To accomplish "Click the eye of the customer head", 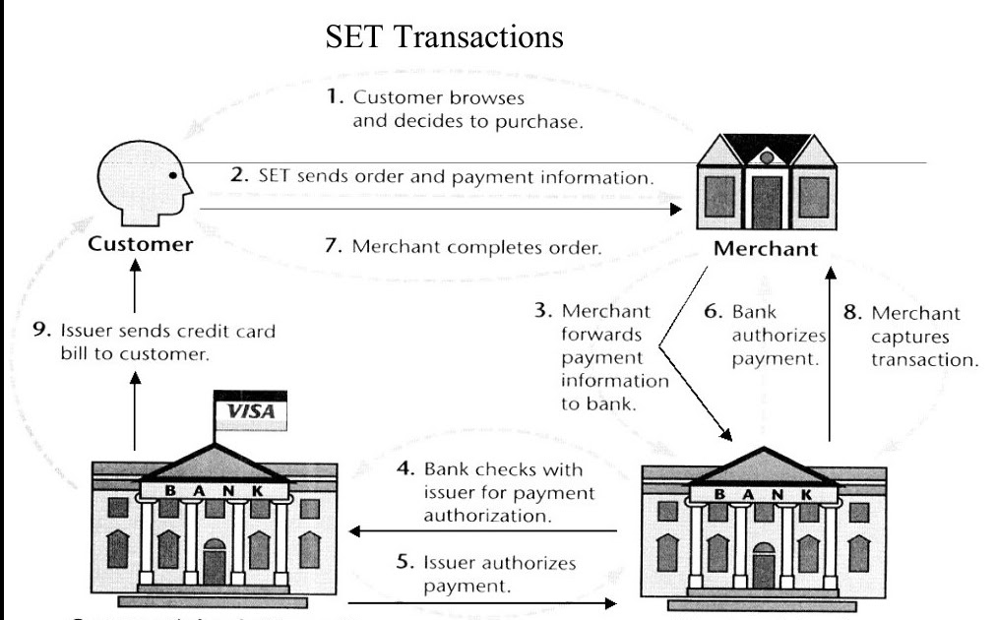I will click(173, 175).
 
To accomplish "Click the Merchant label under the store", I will click(765, 249).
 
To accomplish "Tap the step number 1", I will click(333, 98).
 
